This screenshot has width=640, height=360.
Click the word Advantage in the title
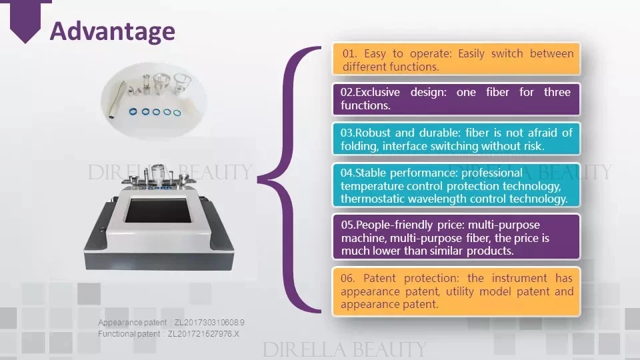(x=112, y=31)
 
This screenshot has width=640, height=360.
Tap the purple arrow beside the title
(x=25, y=21)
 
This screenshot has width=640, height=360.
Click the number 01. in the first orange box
(x=350, y=53)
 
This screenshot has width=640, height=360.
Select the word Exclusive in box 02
(x=377, y=92)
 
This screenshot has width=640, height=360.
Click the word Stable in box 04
(x=371, y=173)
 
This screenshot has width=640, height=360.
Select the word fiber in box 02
(x=497, y=92)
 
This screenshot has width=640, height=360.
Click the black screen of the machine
(x=159, y=211)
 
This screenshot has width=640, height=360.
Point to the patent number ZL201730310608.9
(x=209, y=323)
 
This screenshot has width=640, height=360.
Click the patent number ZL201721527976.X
(x=204, y=334)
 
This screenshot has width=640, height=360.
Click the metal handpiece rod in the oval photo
(x=117, y=101)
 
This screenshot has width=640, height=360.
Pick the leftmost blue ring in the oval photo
(x=133, y=111)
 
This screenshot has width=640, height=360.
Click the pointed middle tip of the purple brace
(x=258, y=179)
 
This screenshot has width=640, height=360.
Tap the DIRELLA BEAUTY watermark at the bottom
(x=345, y=350)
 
